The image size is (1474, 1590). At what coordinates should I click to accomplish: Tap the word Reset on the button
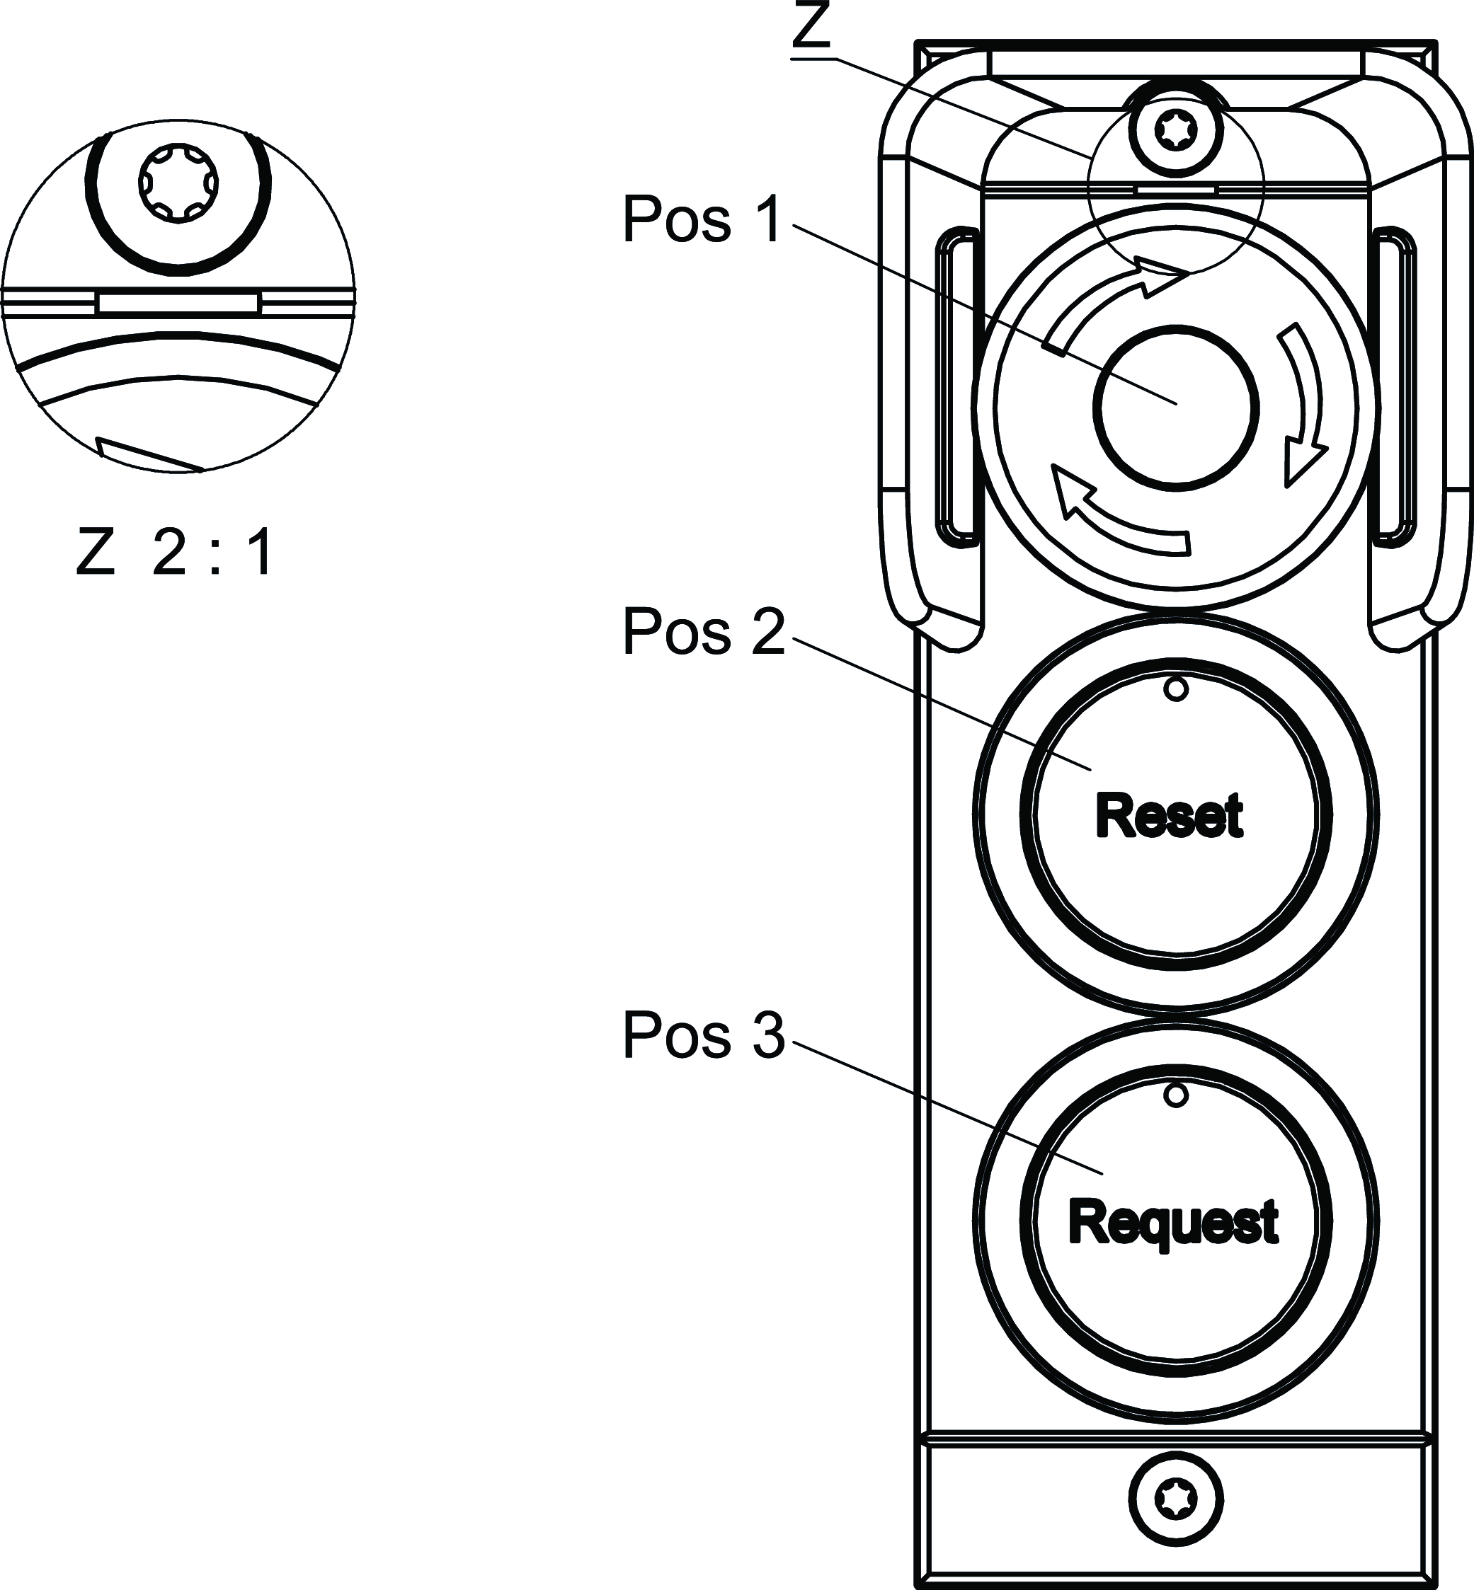(1170, 816)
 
